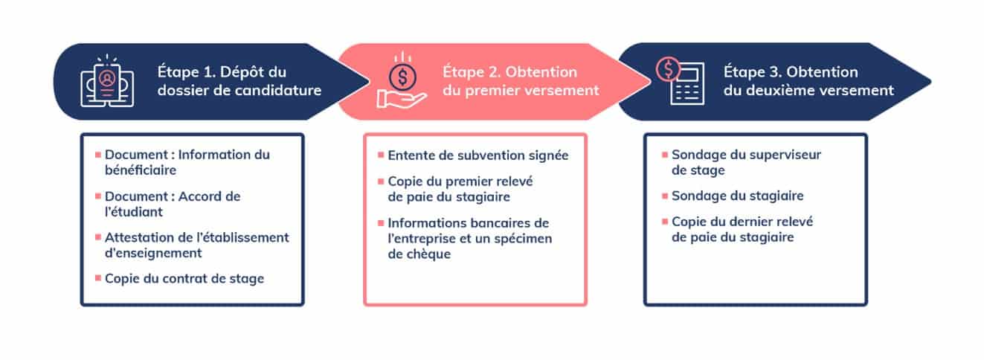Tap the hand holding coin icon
(402, 81)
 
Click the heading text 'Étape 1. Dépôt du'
(222, 71)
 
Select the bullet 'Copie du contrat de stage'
(184, 279)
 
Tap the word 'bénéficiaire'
(141, 170)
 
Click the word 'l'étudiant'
(134, 212)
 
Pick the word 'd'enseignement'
(153, 253)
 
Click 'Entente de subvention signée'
(478, 155)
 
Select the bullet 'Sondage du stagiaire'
(738, 196)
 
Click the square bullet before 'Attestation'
(98, 237)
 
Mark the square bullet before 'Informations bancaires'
(381, 223)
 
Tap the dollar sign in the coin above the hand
(402, 77)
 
